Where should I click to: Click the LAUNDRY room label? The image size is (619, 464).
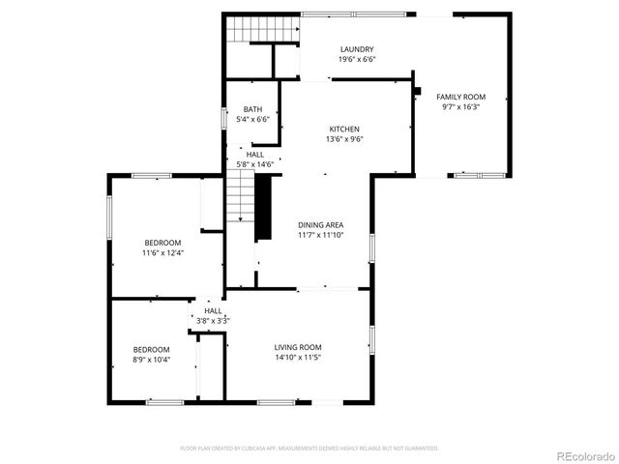click(357, 49)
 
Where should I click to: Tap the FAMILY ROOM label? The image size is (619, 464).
click(460, 97)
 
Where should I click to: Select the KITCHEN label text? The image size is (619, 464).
click(344, 129)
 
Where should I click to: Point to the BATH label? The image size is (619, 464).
click(252, 109)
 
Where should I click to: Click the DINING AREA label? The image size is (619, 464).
click(320, 224)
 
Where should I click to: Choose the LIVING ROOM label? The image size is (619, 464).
click(298, 347)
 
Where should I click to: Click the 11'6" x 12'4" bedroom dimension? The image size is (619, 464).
click(162, 253)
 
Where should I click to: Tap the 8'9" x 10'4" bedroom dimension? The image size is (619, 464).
click(151, 360)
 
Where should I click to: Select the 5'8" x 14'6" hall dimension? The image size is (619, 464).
click(255, 164)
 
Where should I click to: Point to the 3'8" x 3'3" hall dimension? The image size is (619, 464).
click(213, 320)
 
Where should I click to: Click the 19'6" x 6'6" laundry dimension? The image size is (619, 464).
click(357, 60)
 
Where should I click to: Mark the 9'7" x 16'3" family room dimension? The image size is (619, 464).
click(460, 107)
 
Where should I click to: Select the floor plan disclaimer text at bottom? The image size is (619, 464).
click(309, 449)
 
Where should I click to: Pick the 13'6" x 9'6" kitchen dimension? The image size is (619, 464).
click(344, 139)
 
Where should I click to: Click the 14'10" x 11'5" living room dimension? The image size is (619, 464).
click(298, 358)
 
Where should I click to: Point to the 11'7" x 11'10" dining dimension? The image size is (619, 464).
click(320, 235)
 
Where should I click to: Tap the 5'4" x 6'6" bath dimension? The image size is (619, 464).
click(252, 120)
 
